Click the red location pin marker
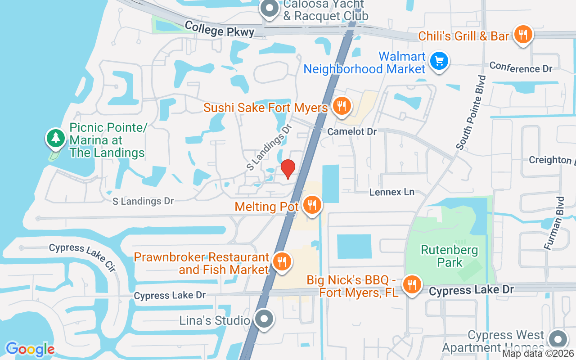[288, 169]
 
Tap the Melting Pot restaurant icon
[311, 205]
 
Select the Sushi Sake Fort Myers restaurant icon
[342, 106]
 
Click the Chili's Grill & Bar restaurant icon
[522, 34]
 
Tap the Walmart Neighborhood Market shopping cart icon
[439, 61]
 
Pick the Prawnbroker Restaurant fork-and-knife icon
[282, 261]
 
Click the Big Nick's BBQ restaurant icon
[411, 284]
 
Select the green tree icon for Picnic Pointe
[55, 137]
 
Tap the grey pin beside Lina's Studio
[264, 319]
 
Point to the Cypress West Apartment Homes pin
[558, 339]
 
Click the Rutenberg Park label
[450, 256]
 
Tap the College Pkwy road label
[219, 29]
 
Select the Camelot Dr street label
[352, 131]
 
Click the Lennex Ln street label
[391, 192]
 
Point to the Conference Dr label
[521, 67]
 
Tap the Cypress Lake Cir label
[82, 256]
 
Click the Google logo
[30, 349]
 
